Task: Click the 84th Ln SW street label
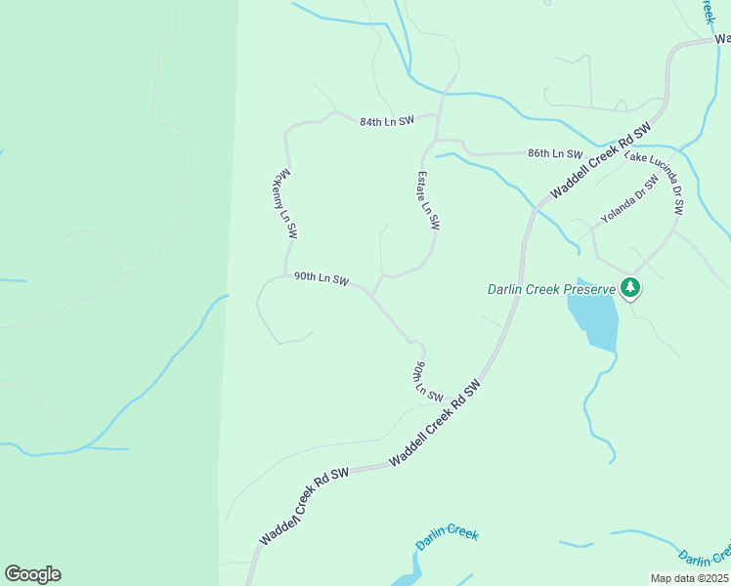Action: click(387, 121)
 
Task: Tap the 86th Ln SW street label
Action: click(554, 154)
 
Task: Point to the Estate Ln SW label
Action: click(428, 200)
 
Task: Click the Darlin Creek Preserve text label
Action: click(552, 289)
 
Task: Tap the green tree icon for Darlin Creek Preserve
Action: click(631, 287)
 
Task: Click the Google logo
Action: click(32, 574)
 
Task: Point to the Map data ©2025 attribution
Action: click(690, 578)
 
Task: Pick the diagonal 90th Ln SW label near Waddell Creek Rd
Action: click(427, 381)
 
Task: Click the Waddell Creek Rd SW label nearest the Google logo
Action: click(304, 508)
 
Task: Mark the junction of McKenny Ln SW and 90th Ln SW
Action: click(284, 276)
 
